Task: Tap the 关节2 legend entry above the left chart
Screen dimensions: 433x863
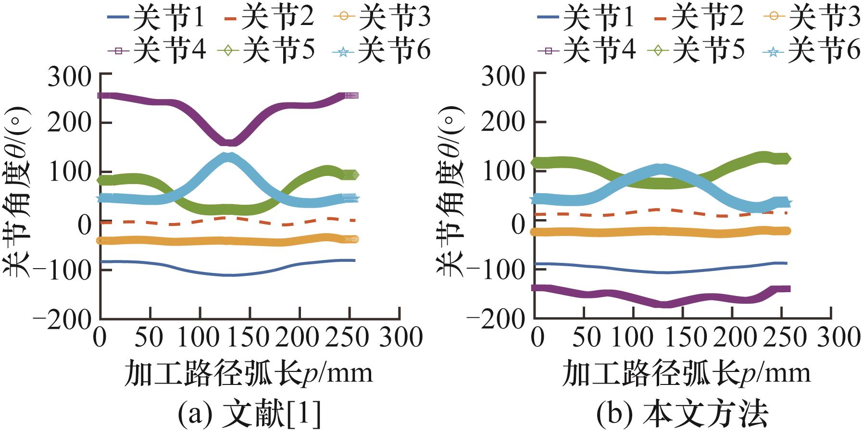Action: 269,18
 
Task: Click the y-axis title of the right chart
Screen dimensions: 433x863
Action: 450,192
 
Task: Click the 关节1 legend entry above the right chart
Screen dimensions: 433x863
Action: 587,18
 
